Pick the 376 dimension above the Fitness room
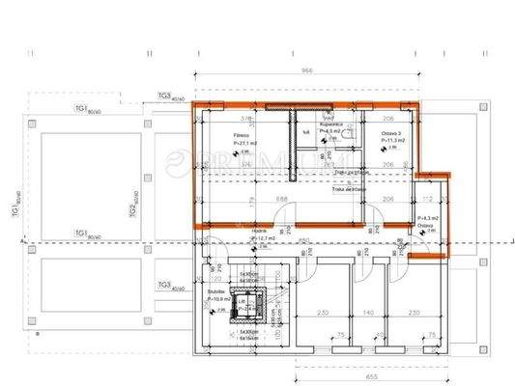[x=245, y=119]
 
